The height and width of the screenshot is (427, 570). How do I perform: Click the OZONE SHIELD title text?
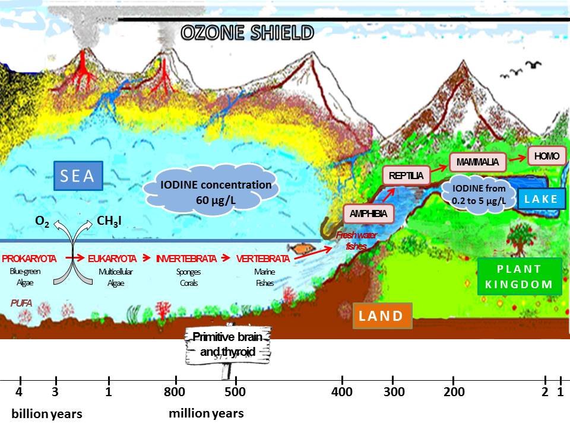pos(246,33)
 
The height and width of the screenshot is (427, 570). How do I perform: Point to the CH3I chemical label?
pos(111,222)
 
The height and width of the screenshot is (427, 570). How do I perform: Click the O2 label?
pos(43,222)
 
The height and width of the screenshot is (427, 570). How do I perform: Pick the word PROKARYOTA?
pos(29,259)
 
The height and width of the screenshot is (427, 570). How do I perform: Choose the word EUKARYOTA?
pos(112,259)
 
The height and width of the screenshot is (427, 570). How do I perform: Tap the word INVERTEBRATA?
pos(186,259)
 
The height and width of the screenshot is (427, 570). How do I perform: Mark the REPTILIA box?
pos(406,176)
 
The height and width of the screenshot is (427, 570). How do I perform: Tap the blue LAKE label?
pos(541,199)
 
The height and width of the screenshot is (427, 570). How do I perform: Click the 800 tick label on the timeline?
pos(175,392)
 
